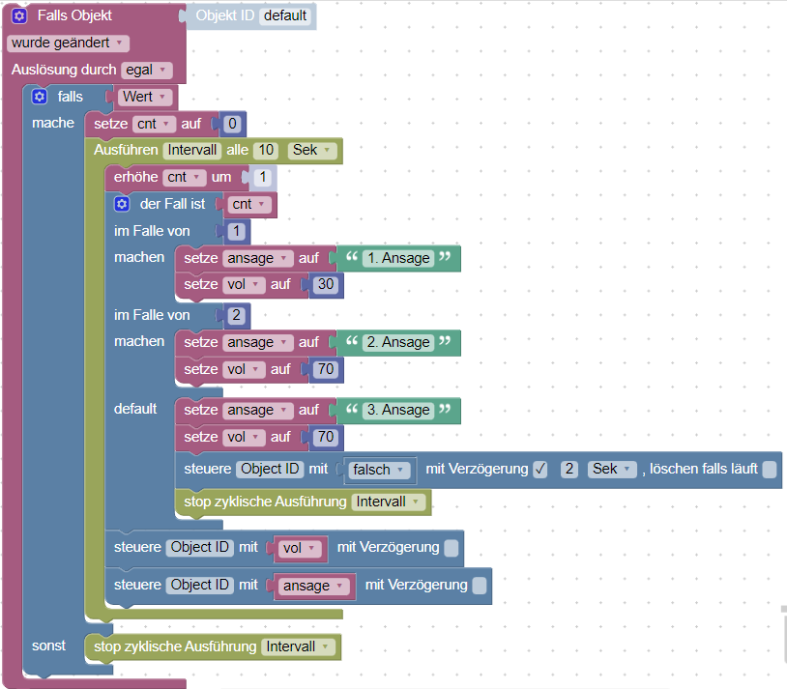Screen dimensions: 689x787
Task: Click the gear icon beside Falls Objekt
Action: coord(19,16)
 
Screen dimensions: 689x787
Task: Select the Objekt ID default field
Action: coord(285,15)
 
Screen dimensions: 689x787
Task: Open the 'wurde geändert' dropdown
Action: coord(68,43)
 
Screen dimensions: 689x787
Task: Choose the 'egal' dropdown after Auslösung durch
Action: coord(147,70)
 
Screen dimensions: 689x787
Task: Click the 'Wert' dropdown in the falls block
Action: coord(146,97)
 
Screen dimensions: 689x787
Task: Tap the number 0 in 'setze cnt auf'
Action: coord(232,124)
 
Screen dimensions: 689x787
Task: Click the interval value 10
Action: coord(266,151)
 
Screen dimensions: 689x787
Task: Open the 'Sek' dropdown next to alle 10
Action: coord(313,151)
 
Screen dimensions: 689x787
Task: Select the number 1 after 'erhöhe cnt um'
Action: coord(261,178)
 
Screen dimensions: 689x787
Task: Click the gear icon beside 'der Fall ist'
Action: coord(121,204)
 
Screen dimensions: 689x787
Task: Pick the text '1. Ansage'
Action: coord(395,259)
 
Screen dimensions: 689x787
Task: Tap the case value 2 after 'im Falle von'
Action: coord(234,315)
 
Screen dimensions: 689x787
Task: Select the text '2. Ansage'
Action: coord(395,343)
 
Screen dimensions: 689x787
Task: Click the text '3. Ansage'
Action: coord(395,411)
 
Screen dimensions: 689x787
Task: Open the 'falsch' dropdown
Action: coord(377,470)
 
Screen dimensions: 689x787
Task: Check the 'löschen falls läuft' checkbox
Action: coord(769,470)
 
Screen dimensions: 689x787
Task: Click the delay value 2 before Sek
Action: coord(570,470)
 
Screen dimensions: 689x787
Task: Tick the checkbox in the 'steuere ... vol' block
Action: coord(452,548)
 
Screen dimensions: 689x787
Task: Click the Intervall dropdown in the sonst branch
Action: coord(299,646)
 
